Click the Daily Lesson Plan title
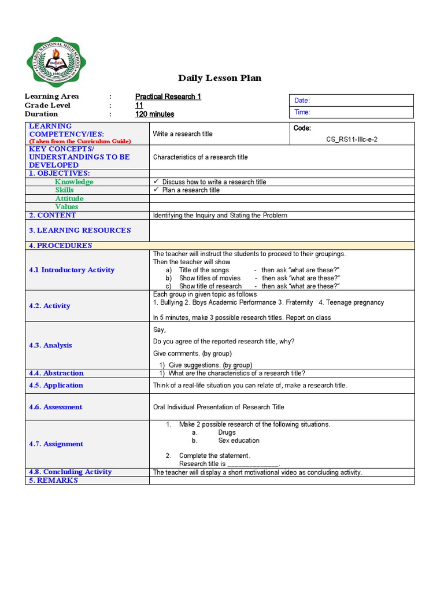click(220, 78)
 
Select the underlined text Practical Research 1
click(168, 97)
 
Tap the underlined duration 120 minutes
click(154, 114)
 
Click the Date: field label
click(302, 101)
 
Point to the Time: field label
click(302, 112)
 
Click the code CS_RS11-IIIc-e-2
click(352, 139)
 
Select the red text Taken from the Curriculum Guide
click(80, 141)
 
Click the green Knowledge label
click(74, 182)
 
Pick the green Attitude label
click(69, 198)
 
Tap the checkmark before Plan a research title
click(156, 190)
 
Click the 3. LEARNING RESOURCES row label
click(80, 230)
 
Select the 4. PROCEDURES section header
click(61, 245)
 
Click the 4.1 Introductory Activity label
click(72, 270)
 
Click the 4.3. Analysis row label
click(50, 345)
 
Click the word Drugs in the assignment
click(227, 432)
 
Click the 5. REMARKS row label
click(53, 480)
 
